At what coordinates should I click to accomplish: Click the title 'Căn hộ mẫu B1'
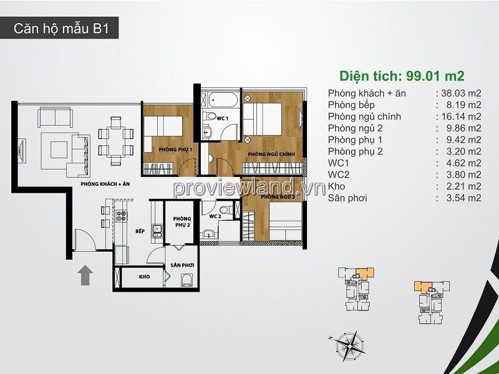(61, 28)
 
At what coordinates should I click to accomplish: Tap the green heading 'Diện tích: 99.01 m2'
(402, 76)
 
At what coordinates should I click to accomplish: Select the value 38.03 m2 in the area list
(461, 93)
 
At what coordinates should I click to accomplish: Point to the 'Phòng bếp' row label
(351, 105)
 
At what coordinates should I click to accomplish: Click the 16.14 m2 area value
(462, 117)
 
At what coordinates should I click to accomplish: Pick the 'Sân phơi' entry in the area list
(347, 198)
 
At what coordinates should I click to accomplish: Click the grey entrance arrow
(85, 275)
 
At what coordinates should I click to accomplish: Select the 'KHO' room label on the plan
(145, 277)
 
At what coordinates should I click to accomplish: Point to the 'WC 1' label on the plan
(223, 118)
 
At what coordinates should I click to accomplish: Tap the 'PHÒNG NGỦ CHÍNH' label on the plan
(271, 154)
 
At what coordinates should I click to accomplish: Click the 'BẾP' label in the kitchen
(140, 231)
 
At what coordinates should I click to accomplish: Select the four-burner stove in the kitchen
(122, 216)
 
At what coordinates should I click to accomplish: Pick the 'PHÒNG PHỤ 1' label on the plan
(175, 150)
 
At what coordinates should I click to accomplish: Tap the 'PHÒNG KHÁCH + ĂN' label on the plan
(105, 184)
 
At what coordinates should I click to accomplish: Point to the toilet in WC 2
(227, 210)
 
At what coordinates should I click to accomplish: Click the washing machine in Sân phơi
(187, 280)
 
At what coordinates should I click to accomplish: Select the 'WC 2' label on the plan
(215, 216)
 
